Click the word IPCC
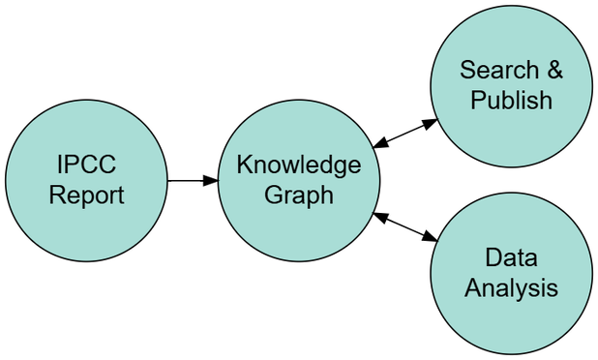coord(87,165)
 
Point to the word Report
coord(87,195)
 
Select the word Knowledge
coord(298,165)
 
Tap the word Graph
coord(298,195)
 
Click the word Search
coord(499,71)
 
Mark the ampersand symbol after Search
coord(553,71)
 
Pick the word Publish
coord(511,101)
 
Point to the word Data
coord(511,258)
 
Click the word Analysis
coord(511,288)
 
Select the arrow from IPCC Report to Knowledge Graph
coord(192,180)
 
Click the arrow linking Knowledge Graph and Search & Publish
coord(405,134)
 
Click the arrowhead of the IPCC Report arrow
coord(210,180)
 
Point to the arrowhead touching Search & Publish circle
coord(430,124)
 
